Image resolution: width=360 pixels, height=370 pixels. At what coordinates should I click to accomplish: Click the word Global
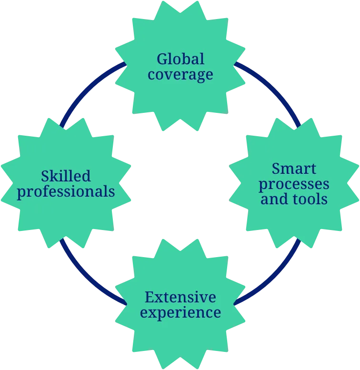180,59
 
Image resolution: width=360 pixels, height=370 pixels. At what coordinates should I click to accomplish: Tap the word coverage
180,74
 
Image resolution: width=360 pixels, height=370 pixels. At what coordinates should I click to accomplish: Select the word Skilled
66,176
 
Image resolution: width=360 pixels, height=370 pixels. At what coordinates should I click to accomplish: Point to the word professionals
66,191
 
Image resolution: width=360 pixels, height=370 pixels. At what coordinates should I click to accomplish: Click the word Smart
294,168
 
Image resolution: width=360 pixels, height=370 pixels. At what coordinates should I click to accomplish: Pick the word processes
294,183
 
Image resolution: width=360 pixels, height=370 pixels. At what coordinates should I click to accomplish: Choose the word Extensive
180,298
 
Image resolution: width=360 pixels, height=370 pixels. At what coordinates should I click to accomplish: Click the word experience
180,313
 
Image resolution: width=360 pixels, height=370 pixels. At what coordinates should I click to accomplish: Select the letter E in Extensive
149,298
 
